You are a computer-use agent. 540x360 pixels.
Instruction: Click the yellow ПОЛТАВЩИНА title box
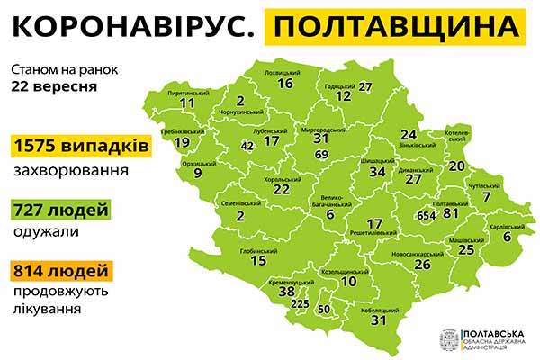398,30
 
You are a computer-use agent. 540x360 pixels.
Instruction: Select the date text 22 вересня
54,87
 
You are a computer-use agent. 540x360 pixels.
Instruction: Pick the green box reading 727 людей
58,210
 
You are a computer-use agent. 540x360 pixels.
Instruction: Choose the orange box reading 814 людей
62,270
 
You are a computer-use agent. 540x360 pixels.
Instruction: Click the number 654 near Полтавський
427,215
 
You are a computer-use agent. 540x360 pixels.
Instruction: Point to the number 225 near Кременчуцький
299,304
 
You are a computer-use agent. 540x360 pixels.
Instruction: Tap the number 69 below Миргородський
321,156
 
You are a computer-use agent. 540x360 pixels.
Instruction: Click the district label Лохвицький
285,71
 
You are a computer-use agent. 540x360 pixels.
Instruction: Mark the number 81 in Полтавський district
451,213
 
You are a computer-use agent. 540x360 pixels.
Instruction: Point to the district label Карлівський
507,226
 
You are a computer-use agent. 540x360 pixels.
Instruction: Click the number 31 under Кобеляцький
378,319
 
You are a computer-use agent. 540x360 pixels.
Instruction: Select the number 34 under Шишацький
378,172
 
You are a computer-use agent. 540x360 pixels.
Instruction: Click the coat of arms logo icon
447,339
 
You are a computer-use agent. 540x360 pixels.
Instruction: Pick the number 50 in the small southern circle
325,310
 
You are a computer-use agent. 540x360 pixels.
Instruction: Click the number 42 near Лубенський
247,145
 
